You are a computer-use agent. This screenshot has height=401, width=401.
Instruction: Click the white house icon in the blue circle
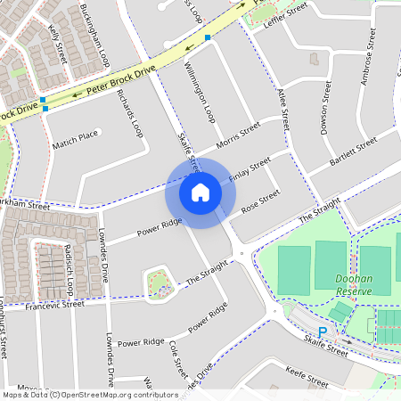coord(200,192)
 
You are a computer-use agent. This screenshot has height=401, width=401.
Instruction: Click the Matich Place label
coord(75,137)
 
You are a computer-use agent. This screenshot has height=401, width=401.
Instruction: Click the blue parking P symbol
coord(323,331)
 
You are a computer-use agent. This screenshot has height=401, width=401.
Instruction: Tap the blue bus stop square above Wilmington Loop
coord(208,37)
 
